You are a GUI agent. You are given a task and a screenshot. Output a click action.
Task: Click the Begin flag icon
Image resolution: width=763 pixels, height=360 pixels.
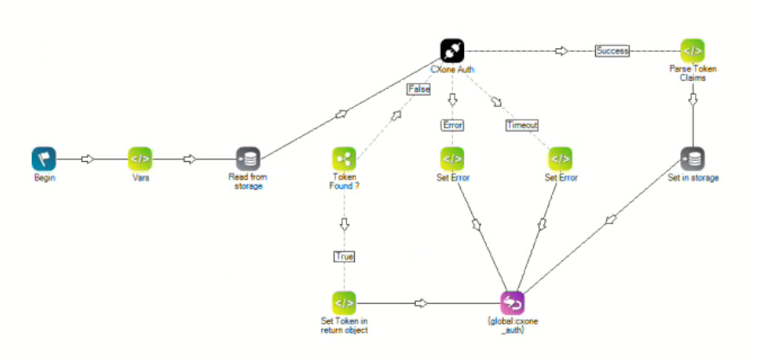pyautogui.click(x=44, y=158)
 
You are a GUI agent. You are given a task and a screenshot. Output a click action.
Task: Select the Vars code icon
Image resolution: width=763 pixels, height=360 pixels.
pyautogui.click(x=140, y=158)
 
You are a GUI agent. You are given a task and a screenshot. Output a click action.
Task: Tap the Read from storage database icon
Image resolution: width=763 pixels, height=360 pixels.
pyautogui.click(x=249, y=158)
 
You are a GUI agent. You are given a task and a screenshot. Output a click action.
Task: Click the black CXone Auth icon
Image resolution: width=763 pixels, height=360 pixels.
pyautogui.click(x=452, y=50)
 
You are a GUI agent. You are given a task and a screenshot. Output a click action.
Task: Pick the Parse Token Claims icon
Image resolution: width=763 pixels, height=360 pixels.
pyautogui.click(x=692, y=50)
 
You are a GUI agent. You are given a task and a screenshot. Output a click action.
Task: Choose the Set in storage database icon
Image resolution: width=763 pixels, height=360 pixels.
pyautogui.click(x=692, y=158)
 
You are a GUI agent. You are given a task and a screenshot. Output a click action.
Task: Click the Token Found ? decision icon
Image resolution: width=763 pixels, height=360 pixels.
pyautogui.click(x=344, y=158)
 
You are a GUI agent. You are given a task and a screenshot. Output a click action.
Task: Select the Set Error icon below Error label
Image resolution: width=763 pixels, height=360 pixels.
pyautogui.click(x=452, y=158)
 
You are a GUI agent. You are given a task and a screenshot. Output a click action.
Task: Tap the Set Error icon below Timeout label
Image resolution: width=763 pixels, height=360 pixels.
pyautogui.click(x=560, y=158)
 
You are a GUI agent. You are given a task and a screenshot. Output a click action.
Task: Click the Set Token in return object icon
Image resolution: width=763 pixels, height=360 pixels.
pyautogui.click(x=344, y=302)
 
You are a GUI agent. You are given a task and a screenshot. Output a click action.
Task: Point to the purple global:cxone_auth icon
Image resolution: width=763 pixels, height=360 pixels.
pyautogui.click(x=512, y=302)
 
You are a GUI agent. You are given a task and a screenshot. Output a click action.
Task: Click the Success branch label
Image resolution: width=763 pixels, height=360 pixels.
pyautogui.click(x=612, y=51)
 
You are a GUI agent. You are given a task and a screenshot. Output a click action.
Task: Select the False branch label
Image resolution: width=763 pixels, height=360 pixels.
pyautogui.click(x=419, y=88)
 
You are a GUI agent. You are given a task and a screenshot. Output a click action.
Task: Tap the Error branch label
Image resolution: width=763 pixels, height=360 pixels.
pyautogui.click(x=453, y=125)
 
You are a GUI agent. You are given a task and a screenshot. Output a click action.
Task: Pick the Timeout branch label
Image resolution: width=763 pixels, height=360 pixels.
pyautogui.click(x=522, y=125)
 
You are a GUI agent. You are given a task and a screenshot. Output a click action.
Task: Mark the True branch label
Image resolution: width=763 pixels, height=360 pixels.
pyautogui.click(x=344, y=256)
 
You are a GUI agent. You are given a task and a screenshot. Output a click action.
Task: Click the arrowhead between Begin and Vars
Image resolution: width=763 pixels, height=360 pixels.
pyautogui.click(x=87, y=158)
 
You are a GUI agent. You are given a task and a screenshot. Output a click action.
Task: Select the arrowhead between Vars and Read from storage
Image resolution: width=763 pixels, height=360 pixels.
pyautogui.click(x=190, y=158)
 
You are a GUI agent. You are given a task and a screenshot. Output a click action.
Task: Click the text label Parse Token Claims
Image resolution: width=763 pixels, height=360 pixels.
pyautogui.click(x=692, y=72)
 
